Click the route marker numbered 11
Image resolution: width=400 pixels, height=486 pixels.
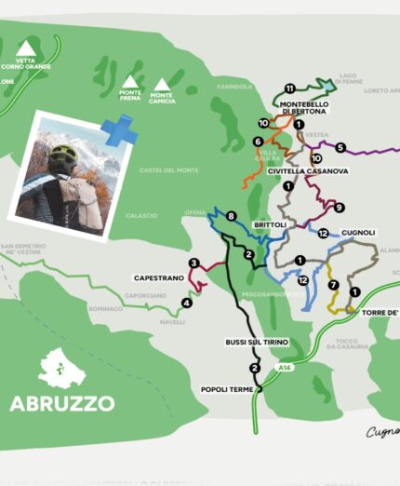click(290, 88)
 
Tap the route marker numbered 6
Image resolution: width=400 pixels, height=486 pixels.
click(257, 142)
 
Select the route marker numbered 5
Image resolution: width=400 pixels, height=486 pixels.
click(340, 147)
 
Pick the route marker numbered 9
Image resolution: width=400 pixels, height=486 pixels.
click(339, 207)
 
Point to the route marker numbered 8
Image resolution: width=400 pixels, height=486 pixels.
click(231, 217)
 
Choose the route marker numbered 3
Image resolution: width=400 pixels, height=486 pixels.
click(193, 263)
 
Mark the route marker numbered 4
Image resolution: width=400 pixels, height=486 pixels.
click(186, 303)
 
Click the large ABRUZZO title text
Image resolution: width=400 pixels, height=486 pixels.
click(62, 402)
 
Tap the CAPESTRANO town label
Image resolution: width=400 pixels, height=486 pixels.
click(158, 277)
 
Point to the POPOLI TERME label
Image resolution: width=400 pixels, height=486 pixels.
click(227, 389)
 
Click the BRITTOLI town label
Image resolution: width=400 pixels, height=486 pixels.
click(270, 224)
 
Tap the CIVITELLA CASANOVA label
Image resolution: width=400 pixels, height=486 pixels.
click(308, 171)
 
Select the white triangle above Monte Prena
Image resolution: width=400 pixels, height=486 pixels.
click(127, 83)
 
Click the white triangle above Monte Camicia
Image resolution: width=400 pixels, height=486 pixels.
click(162, 85)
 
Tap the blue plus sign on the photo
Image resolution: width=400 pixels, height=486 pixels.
click(119, 131)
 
